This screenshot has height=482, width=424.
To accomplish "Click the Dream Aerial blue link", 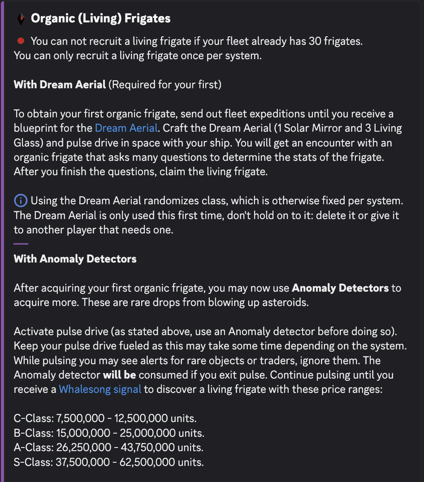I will point(126,128).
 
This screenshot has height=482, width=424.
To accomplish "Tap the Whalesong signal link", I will point(100,389).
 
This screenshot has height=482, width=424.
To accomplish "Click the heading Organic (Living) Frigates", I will point(101,19).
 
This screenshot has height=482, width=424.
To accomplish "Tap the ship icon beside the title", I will point(21,19).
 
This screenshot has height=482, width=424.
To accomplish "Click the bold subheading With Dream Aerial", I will point(60,84).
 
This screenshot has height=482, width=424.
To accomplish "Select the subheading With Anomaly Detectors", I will point(75,259).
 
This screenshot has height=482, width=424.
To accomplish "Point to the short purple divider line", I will point(21,244).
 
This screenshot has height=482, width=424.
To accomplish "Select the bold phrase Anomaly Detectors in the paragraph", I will point(340,288).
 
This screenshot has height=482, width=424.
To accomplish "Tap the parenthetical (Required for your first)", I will point(165,84).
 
